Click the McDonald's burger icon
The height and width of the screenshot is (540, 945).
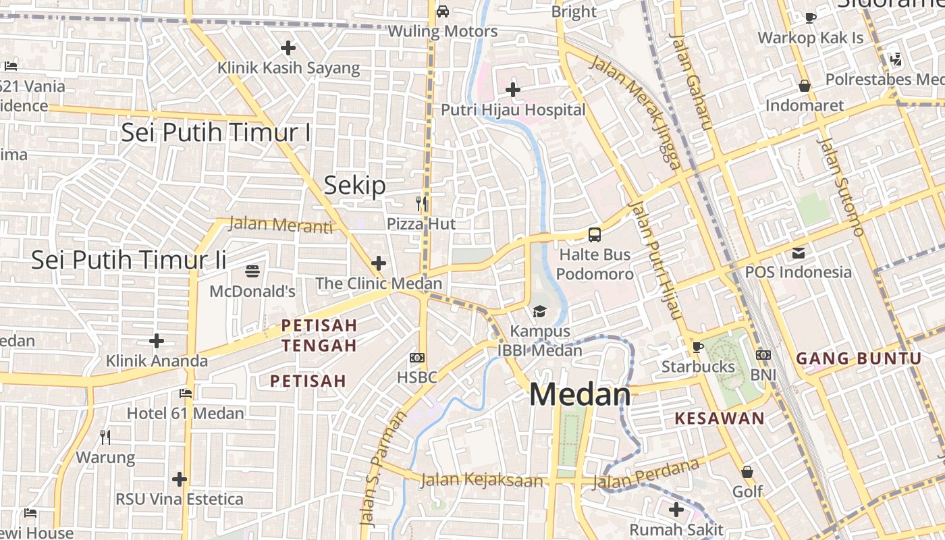[x=253, y=271]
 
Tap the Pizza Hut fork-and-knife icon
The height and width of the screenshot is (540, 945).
[x=421, y=202]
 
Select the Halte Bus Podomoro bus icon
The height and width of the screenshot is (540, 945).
[x=594, y=235]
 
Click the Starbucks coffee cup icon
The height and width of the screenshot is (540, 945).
[x=698, y=347]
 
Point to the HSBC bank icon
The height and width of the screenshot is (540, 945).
[x=417, y=357]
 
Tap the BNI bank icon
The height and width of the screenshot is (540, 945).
[x=763, y=354]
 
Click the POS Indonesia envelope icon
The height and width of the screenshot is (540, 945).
[x=799, y=253]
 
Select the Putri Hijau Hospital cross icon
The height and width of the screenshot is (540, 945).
[x=513, y=89]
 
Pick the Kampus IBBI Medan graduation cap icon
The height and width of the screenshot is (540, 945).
[x=539, y=311]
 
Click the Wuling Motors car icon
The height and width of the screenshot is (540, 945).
[x=443, y=11]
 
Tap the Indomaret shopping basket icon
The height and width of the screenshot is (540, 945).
[x=805, y=86]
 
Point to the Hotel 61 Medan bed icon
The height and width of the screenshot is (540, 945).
[x=186, y=393]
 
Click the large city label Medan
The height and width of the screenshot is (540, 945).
[x=580, y=395]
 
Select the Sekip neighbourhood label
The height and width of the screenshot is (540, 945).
[x=354, y=185]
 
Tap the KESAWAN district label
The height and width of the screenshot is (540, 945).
[x=720, y=418]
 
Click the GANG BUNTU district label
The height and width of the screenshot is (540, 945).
[x=859, y=358]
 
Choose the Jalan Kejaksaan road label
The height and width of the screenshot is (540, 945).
[x=481, y=480]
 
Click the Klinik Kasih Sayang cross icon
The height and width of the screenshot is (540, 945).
[x=288, y=48]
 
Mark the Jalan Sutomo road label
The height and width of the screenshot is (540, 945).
[x=840, y=186]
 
